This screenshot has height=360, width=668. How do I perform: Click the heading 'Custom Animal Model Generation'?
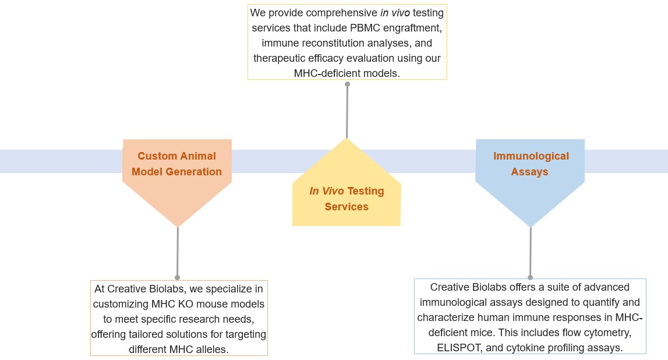176,164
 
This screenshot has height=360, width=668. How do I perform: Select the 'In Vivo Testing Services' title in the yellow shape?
347,199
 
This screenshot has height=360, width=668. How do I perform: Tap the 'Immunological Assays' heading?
530,164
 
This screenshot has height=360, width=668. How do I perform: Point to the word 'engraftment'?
413,27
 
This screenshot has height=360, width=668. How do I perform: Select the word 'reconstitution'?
330,43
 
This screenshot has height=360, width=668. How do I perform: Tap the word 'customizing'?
121,304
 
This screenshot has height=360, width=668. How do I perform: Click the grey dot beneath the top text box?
347,84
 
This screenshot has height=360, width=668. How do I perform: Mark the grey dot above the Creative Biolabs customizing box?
178,277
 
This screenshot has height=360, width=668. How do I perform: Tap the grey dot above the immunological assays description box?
530,277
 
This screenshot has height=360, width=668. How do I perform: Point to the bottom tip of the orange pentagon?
178,226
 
